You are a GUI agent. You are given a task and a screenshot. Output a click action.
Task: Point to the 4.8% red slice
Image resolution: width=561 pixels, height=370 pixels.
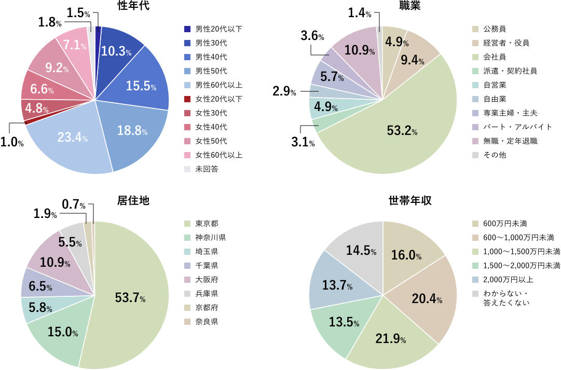[x=37, y=109]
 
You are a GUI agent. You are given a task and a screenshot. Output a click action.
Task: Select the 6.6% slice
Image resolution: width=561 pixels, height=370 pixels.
[x=42, y=89]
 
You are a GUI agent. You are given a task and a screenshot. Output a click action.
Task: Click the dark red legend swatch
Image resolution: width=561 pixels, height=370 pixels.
[x=187, y=99]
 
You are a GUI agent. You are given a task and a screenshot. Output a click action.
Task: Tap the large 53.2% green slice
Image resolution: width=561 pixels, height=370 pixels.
[x=402, y=130]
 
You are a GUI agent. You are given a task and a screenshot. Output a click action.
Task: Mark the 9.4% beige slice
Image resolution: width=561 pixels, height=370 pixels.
[x=413, y=61]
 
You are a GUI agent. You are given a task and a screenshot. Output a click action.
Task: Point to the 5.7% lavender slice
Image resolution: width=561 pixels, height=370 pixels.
[x=332, y=77]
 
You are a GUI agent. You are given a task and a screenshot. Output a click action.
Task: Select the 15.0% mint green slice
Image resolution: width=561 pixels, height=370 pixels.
[x=62, y=332]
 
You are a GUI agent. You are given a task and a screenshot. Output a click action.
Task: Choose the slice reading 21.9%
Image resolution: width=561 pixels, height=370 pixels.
[x=390, y=339]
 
